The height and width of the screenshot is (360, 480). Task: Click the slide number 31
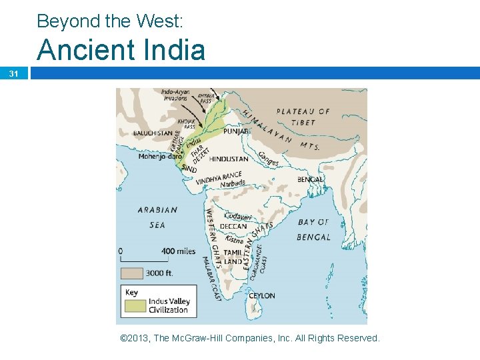coord(14,74)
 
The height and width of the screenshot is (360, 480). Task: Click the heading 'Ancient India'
coord(121,50)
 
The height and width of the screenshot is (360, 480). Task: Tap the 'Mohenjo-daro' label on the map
coord(157,157)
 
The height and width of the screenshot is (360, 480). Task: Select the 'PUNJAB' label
coord(236,132)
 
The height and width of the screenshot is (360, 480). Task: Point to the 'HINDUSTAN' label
coord(229,159)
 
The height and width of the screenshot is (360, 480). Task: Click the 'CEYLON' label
coord(261,295)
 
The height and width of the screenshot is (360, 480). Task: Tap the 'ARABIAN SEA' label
coord(157,217)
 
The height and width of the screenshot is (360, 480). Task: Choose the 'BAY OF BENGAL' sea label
coord(313,229)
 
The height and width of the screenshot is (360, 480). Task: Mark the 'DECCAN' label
coord(233,226)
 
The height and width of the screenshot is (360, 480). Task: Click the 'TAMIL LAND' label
coord(233,257)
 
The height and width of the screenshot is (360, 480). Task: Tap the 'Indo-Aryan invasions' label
coord(175,94)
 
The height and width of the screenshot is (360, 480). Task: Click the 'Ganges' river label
coord(269,159)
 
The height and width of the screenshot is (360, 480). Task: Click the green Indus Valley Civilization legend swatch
coord(135,305)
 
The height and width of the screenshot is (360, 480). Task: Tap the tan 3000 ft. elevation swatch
coord(131,273)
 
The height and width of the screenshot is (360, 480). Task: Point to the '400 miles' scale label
coord(178,251)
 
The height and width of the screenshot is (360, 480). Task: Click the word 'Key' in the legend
coord(131,292)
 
